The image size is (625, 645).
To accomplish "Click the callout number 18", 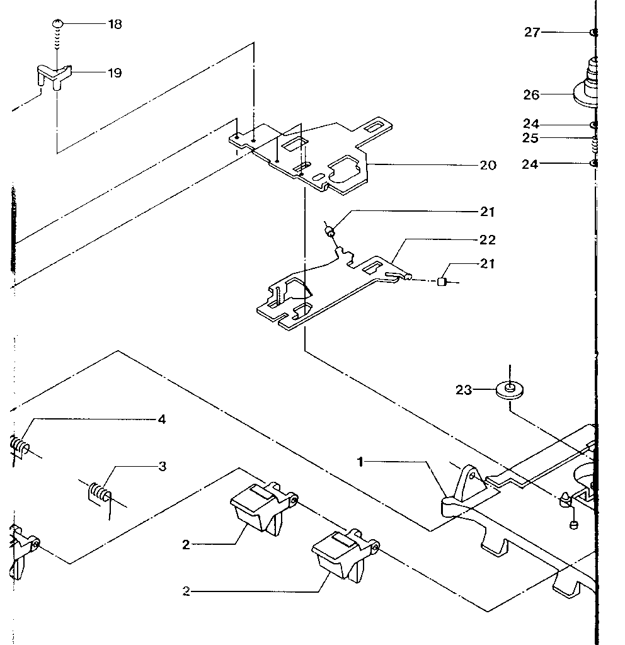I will click(x=115, y=24).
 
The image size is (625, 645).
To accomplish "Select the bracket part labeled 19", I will click(x=52, y=74).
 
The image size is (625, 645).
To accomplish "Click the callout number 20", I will click(x=488, y=166).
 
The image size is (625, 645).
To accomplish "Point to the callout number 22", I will click(x=488, y=240).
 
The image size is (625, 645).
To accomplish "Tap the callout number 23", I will click(x=464, y=391).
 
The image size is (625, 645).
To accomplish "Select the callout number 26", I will click(x=531, y=95).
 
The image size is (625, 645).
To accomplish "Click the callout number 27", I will click(x=532, y=32).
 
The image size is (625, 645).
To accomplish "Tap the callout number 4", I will click(x=161, y=420).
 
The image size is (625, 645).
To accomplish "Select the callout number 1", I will click(x=360, y=462).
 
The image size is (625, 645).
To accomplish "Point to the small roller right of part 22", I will click(x=442, y=282).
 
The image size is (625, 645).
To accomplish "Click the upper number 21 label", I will click(x=488, y=212).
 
